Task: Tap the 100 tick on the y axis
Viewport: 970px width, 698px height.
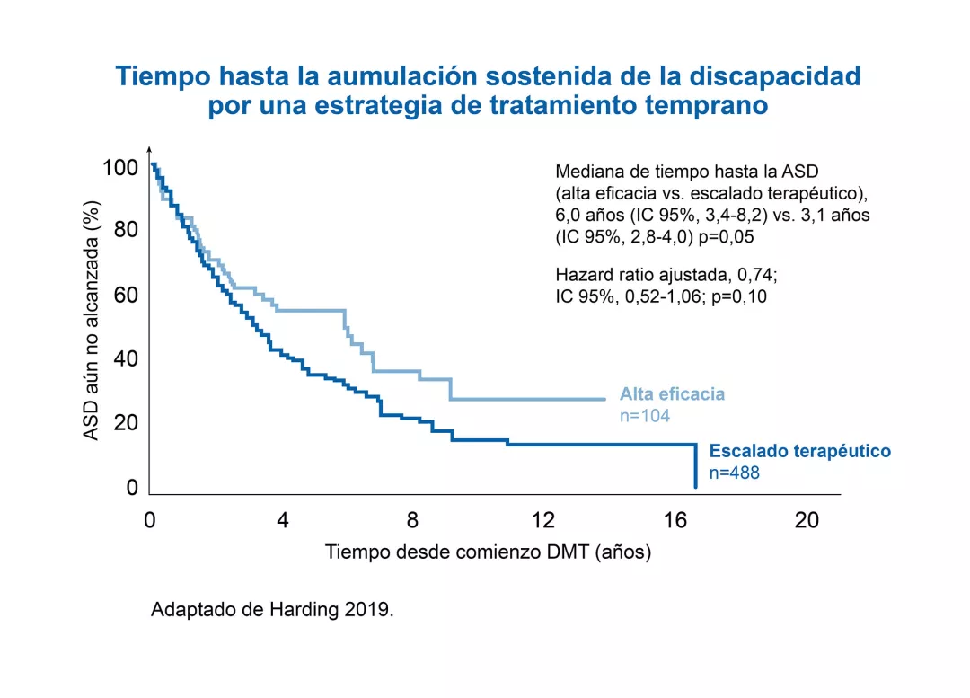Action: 120,168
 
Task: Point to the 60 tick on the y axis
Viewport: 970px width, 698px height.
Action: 126,296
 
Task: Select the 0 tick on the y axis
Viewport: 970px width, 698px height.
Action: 132,488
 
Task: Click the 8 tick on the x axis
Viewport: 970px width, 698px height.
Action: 412,520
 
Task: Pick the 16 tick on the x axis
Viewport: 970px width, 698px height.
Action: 675,520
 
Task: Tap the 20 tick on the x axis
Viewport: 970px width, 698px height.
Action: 807,520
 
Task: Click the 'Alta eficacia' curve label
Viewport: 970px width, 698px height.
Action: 672,393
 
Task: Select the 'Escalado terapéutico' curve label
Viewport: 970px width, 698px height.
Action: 800,451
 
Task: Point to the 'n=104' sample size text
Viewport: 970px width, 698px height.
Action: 645,415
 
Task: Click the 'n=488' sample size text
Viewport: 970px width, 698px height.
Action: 735,473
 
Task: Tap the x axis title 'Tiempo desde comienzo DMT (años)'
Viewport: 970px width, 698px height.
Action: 488,552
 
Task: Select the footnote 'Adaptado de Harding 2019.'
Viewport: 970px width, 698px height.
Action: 272,609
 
